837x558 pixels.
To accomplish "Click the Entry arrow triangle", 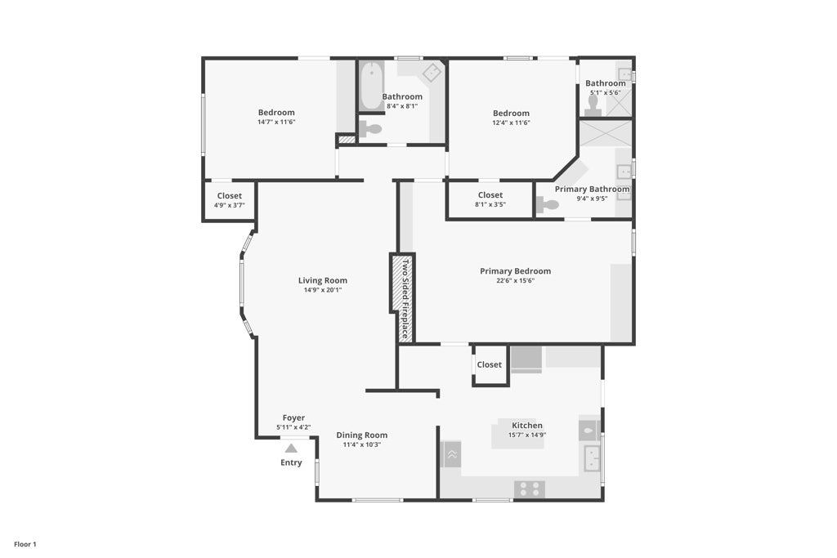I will [291, 448].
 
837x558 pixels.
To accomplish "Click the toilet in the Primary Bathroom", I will [547, 205].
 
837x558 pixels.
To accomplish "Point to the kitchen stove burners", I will [529, 489].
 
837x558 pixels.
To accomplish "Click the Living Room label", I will [322, 280].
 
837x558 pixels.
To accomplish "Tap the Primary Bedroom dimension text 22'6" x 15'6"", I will [515, 281].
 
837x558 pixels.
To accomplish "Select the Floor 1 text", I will [25, 544].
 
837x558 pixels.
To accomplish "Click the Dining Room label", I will [361, 435].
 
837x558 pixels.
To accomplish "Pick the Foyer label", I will [293, 417].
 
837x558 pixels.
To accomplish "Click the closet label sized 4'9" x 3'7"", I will [229, 196].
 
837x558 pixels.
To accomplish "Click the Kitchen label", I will [526, 426].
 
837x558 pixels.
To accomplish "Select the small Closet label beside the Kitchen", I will [489, 364].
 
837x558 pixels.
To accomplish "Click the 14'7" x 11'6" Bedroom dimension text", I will [275, 123].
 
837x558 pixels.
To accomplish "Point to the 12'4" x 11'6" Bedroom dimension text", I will [511, 123].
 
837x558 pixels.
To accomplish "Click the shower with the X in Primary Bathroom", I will [605, 132].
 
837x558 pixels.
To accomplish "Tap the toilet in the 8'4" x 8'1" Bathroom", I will [372, 128].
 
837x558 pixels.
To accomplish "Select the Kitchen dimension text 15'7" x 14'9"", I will [527, 435].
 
